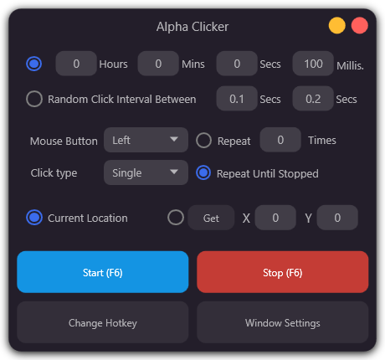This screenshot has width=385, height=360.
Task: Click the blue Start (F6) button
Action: pyautogui.click(x=103, y=272)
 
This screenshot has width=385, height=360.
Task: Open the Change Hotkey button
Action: pyautogui.click(x=103, y=322)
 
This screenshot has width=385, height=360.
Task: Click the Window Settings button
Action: pyautogui.click(x=282, y=322)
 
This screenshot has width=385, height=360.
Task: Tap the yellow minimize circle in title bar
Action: pyautogui.click(x=337, y=25)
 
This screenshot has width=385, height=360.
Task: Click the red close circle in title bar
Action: pyautogui.click(x=360, y=25)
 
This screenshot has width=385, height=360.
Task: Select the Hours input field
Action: pyautogui.click(x=75, y=64)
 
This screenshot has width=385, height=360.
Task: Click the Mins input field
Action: pyautogui.click(x=157, y=64)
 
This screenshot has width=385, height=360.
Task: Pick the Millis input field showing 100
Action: pyautogui.click(x=313, y=64)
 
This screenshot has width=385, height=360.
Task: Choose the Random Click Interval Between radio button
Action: pyautogui.click(x=34, y=99)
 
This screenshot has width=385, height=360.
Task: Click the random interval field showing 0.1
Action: pyautogui.click(x=237, y=99)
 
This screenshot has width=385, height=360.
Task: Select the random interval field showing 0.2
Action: pyautogui.click(x=313, y=99)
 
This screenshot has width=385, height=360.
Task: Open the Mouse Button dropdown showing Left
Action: pyautogui.click(x=146, y=141)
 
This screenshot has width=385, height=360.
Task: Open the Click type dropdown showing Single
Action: pyautogui.click(x=146, y=173)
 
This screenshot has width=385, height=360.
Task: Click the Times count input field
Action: pyautogui.click(x=280, y=141)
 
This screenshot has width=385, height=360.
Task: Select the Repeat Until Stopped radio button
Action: pyautogui.click(x=203, y=173)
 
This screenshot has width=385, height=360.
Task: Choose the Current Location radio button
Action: pyautogui.click(x=34, y=218)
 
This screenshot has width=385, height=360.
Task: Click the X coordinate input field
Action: pyautogui.click(x=275, y=218)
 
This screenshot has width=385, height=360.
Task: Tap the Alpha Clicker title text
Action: pyautogui.click(x=192, y=27)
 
